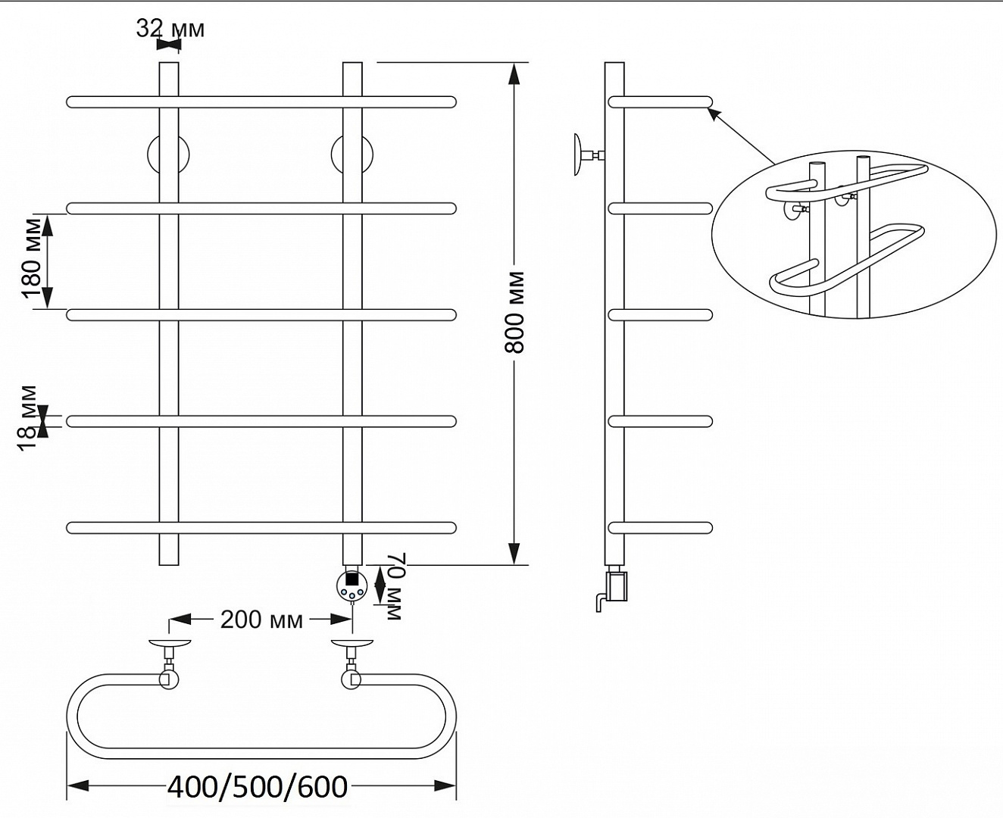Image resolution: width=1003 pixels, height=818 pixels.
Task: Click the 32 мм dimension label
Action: [170, 29]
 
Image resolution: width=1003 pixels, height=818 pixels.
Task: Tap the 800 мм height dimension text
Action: [514, 313]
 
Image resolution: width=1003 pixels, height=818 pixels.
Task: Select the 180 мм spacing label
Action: [32, 258]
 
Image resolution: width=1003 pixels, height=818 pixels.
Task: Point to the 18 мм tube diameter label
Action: [27, 418]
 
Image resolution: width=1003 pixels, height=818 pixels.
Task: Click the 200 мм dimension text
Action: [261, 620]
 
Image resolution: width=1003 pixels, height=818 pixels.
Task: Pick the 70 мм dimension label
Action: [395, 587]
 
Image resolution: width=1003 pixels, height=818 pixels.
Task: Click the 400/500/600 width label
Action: [258, 787]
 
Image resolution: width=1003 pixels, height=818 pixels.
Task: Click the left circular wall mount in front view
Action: [168, 155]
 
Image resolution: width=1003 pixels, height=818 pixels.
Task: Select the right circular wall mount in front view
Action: [352, 155]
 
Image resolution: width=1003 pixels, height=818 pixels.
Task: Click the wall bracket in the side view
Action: [589, 155]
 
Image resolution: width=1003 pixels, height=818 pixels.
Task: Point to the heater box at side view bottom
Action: [617, 587]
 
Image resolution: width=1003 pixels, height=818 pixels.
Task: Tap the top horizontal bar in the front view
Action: [261, 102]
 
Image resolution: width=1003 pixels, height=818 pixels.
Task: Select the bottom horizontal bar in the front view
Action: [261, 528]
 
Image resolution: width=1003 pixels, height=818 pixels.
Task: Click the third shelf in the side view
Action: [660, 315]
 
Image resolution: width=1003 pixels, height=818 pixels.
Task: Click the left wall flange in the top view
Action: [170, 644]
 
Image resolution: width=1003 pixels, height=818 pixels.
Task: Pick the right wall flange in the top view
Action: [352, 644]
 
